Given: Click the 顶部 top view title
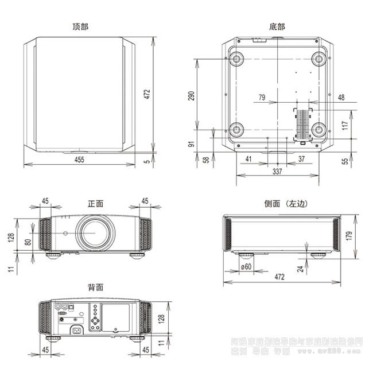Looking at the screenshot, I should point(80,26).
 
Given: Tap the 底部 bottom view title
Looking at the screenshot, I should point(277,26).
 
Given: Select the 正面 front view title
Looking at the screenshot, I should point(95,203).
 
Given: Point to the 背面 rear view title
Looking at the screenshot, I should point(95,286).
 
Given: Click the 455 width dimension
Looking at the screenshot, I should point(79,160).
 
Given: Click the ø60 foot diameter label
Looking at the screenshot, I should point(247,266).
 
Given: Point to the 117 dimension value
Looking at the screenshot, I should point(345,126).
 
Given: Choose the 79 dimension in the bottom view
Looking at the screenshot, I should point(262,98).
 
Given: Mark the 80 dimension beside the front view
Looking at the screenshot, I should point(28,242).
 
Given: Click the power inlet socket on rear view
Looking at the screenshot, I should point(76,329).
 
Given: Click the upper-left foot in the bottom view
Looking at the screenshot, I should point(236,59).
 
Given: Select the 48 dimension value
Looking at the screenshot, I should point(341,98).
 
